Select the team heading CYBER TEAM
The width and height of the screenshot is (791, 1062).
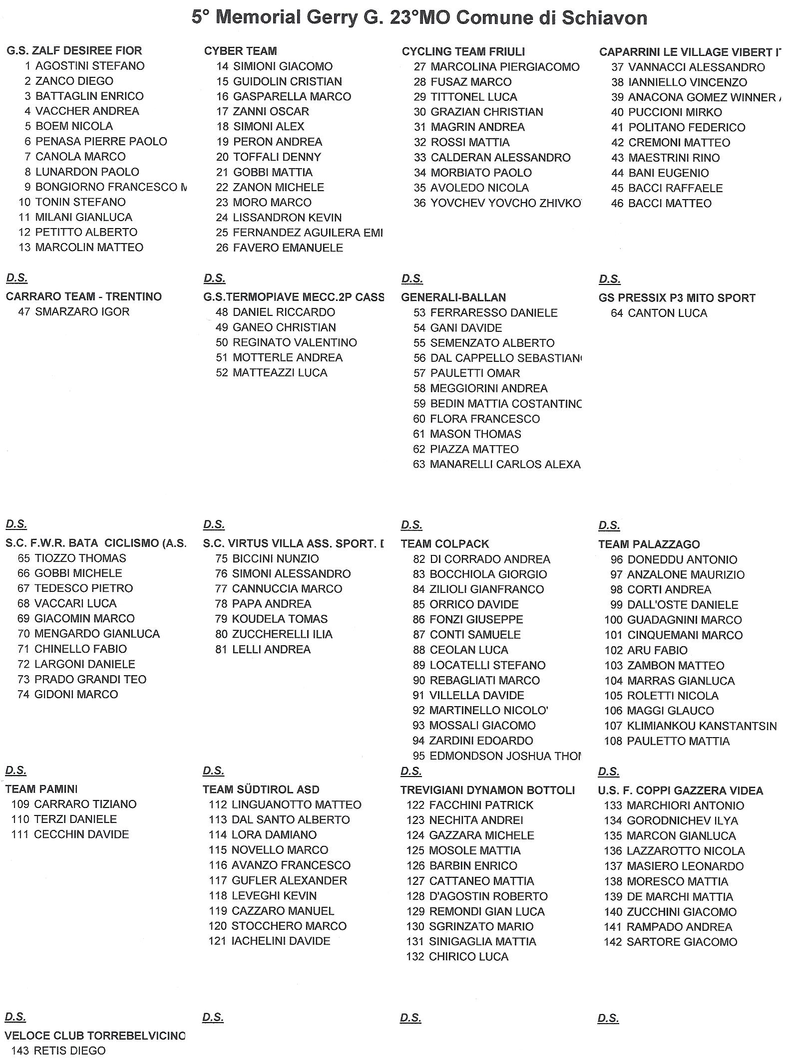click(x=240, y=51)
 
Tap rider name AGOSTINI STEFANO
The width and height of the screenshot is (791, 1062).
click(x=90, y=66)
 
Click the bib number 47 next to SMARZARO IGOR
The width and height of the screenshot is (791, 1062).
click(x=24, y=312)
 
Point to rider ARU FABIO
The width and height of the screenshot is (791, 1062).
click(x=657, y=650)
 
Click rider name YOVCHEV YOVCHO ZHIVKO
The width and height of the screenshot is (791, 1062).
click(x=505, y=203)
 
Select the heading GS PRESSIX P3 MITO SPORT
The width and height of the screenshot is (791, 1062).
click(x=677, y=298)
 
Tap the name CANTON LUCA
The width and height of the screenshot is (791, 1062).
click(x=668, y=313)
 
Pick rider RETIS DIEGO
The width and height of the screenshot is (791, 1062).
click(x=69, y=1051)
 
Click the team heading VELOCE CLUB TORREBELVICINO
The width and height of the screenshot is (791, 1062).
click(x=94, y=1036)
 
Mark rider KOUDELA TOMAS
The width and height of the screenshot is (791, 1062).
click(x=280, y=619)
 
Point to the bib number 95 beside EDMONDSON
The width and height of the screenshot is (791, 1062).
click(x=418, y=756)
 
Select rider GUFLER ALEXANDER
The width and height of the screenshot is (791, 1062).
click(x=289, y=880)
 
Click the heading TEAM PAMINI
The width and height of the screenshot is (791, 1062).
click(x=41, y=789)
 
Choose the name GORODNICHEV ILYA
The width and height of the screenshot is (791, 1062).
click(x=682, y=821)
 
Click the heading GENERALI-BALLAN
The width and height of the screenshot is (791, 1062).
click(x=453, y=297)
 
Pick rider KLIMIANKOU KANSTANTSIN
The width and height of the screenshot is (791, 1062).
click(x=702, y=726)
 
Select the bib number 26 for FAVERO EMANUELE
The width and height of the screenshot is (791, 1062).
click(x=222, y=248)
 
